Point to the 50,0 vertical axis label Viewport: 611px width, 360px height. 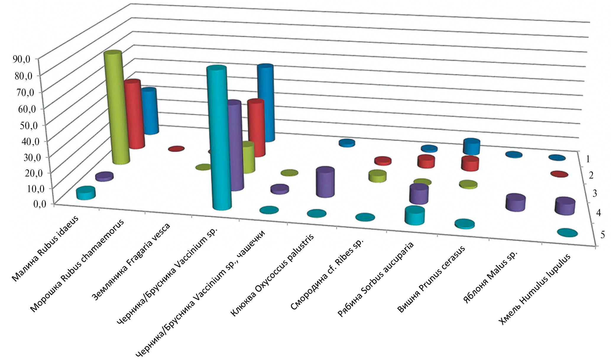[x=25, y=125]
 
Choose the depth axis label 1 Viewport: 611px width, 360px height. [x=588, y=159]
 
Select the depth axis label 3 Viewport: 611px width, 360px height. [x=594, y=193]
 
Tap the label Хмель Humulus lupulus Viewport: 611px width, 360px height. [x=534, y=289]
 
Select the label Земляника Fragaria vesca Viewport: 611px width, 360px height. [x=131, y=262]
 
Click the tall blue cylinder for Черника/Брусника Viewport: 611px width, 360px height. [x=265, y=103]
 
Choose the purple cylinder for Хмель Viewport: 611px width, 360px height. [x=565, y=206]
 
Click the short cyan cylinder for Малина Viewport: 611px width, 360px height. [x=86, y=193]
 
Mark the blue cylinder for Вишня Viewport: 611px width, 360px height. [x=471, y=147]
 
